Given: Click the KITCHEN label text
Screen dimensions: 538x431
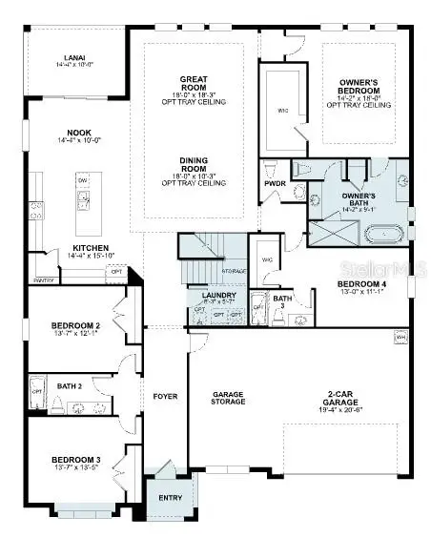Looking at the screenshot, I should coord(91,248).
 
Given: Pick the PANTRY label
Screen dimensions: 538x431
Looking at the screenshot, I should coord(43,281).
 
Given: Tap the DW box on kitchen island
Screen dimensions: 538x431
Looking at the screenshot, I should coord(83,180).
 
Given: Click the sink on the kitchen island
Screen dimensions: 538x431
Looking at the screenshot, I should coord(83,200).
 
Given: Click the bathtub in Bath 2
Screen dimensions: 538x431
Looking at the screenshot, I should coord(37,391).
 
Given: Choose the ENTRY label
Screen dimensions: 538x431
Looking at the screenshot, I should coord(171,498).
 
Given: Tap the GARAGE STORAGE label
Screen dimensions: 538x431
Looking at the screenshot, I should coord(229,398).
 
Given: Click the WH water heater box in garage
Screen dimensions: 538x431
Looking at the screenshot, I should coord(400,337).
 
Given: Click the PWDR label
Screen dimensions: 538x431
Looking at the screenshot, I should coord(275,186).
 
